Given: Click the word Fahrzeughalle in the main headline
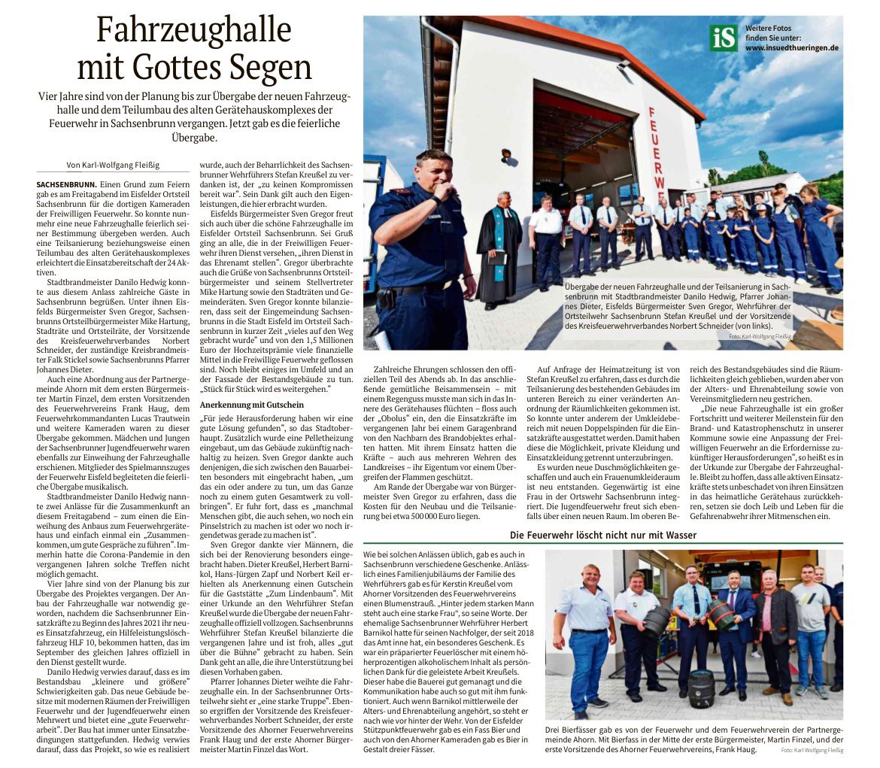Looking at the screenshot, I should click(x=194, y=31).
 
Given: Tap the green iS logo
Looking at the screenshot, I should click(x=723, y=38).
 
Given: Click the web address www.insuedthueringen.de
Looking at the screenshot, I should click(x=791, y=47).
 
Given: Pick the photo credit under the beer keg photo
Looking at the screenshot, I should click(x=812, y=751).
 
